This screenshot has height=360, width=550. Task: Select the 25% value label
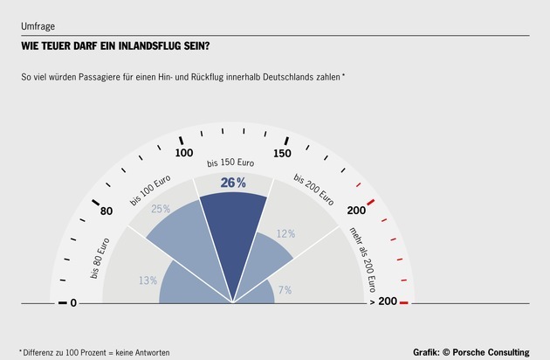click(x=161, y=210)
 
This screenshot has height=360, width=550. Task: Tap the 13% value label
click(x=148, y=280)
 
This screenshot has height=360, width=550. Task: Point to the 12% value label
click(x=285, y=234)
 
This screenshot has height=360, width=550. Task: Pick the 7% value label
click(x=285, y=290)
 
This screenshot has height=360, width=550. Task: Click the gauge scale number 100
click(x=184, y=153)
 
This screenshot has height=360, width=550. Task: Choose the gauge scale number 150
click(x=281, y=153)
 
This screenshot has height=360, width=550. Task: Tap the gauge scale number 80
click(x=107, y=211)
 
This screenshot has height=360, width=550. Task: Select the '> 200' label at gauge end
click(x=385, y=302)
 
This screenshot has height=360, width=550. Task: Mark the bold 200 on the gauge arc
click(x=356, y=211)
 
